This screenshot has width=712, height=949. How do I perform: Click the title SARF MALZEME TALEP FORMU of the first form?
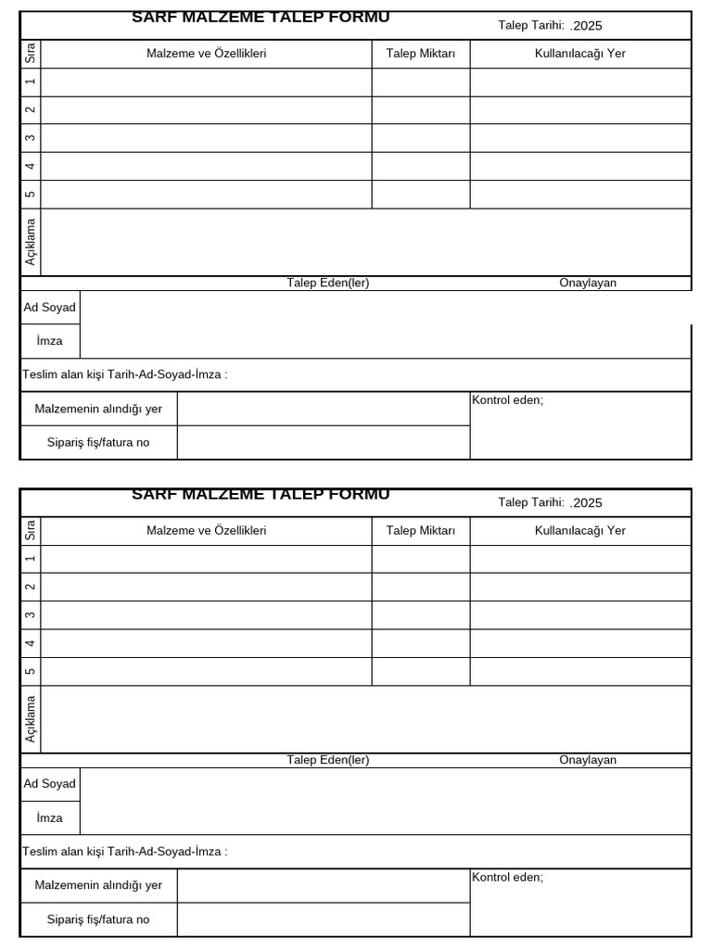(x=261, y=18)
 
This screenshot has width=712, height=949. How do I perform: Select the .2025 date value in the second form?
(x=587, y=503)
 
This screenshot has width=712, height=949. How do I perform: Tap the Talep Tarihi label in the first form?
(x=531, y=25)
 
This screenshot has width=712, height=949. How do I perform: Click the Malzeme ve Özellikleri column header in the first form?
(x=207, y=54)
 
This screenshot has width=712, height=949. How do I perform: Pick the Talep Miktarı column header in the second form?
(x=421, y=531)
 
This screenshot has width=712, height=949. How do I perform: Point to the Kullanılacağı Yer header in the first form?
(x=580, y=54)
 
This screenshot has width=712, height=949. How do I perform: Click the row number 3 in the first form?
(x=31, y=138)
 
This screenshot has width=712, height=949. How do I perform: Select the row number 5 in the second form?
(x=31, y=671)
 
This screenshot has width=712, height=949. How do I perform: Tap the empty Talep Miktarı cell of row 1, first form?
(x=421, y=82)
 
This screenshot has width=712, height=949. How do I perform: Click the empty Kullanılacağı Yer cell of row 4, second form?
(x=580, y=643)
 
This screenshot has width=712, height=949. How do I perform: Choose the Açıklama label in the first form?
(x=31, y=242)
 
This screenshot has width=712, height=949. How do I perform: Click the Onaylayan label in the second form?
(x=588, y=760)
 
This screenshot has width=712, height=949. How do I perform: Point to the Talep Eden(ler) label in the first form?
(x=328, y=283)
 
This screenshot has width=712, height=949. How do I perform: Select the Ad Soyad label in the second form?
(x=50, y=784)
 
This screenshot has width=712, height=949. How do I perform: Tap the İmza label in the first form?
(x=50, y=341)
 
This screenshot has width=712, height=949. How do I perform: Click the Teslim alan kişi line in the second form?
(x=125, y=852)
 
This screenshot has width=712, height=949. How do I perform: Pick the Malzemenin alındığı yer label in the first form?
(x=98, y=409)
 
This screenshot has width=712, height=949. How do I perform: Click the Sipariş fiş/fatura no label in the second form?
(x=98, y=919)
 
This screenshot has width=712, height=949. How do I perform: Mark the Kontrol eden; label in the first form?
(x=508, y=400)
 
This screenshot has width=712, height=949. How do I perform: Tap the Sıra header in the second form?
(x=31, y=531)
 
